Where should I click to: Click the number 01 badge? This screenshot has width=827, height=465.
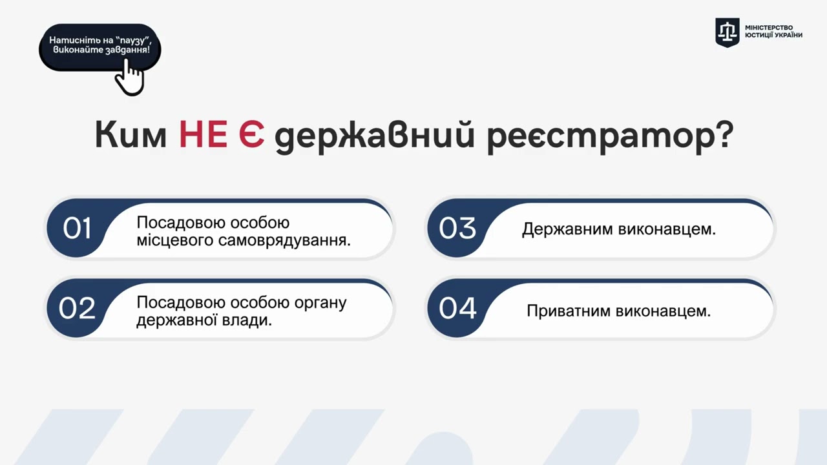point(77,229)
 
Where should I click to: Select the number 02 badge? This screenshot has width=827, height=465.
point(77,308)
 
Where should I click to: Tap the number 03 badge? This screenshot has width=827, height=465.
point(457,229)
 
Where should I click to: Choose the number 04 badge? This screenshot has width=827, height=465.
point(457,308)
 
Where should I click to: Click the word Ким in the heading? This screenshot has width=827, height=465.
point(131,136)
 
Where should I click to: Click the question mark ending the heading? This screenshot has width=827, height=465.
point(722,136)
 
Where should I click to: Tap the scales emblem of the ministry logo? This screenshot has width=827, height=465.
point(727,32)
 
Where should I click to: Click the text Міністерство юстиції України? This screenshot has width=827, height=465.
point(773,32)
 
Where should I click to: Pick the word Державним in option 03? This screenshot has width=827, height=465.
point(567,229)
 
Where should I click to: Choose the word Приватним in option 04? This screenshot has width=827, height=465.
point(569,311)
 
